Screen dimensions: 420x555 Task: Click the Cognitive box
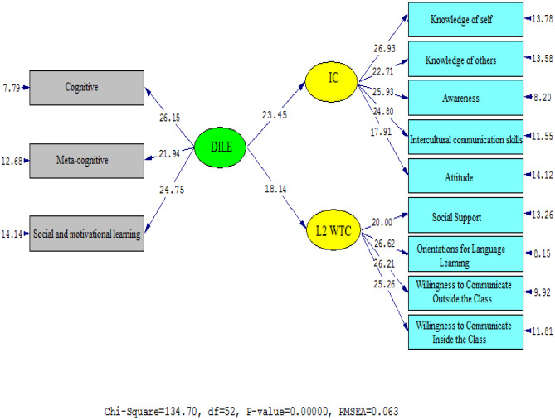pyautogui.click(x=87, y=84)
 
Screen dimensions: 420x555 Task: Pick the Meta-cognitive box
pyautogui.click(x=87, y=155)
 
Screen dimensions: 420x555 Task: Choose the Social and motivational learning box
pyautogui.click(x=87, y=233)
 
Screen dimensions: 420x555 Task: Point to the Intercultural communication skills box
pyautogui.click(x=465, y=140)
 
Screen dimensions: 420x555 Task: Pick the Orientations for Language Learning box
pyautogui.click(x=465, y=253)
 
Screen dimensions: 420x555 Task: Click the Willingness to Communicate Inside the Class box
pyautogui.click(x=465, y=330)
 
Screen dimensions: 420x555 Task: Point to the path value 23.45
pyautogui.click(x=276, y=115)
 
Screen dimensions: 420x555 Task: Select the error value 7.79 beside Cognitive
pyautogui.click(x=12, y=84)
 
